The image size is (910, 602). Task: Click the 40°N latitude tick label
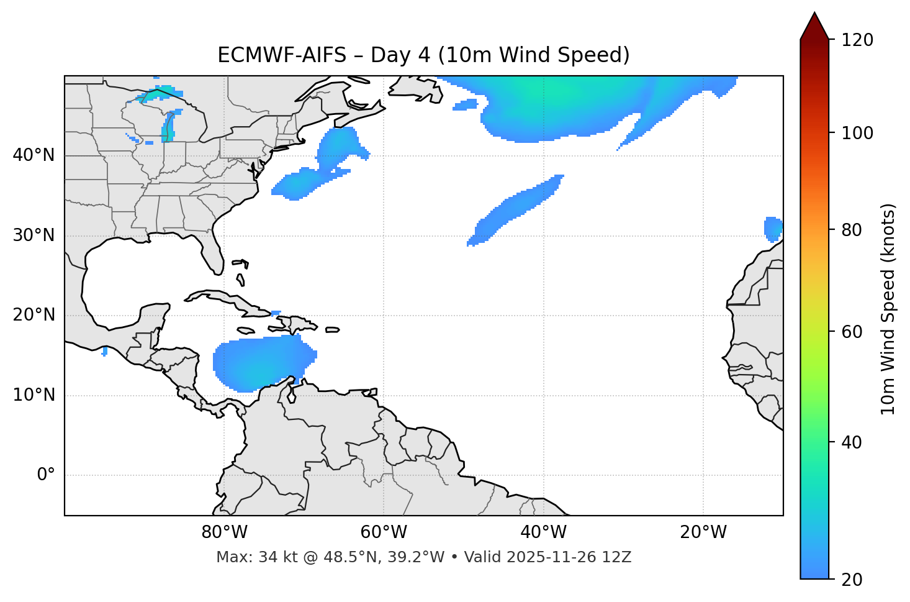pyautogui.click(x=34, y=155)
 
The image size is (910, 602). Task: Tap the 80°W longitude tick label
pyautogui.click(x=224, y=532)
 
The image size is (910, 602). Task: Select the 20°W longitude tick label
pyautogui.click(x=703, y=532)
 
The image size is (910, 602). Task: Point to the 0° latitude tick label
pyautogui.click(x=46, y=475)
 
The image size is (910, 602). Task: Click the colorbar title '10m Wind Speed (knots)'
pyautogui.click(x=888, y=309)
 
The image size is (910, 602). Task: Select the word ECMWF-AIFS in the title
pyautogui.click(x=281, y=55)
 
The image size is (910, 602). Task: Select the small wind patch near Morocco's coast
pyautogui.click(x=773, y=229)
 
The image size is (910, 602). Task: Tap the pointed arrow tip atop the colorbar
pyautogui.click(x=814, y=19)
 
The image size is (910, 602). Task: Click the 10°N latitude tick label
pyautogui.click(x=34, y=395)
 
